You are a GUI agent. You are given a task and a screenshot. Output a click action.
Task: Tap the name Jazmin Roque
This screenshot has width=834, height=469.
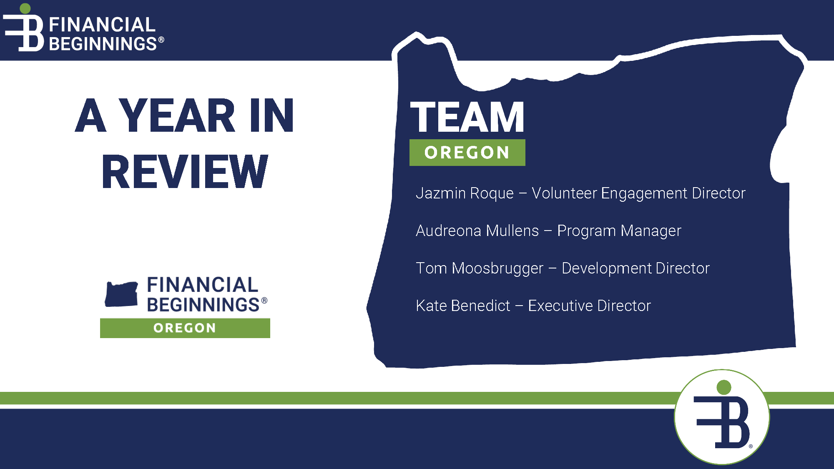click(465, 193)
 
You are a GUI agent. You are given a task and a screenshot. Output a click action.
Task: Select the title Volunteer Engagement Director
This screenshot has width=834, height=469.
click(638, 193)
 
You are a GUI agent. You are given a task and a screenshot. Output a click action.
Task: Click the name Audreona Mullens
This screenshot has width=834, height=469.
click(477, 231)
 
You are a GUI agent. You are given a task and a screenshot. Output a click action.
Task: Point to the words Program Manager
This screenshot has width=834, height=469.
click(619, 231)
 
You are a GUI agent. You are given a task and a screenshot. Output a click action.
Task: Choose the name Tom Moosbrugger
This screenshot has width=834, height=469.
click(480, 268)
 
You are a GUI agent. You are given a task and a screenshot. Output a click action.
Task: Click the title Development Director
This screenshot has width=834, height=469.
click(636, 268)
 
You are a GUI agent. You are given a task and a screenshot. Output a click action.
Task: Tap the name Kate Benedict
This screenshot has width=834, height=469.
click(463, 306)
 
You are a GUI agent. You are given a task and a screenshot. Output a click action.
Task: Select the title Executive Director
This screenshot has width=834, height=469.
click(589, 306)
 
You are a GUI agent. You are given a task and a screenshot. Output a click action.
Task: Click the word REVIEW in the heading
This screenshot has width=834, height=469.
click(185, 171)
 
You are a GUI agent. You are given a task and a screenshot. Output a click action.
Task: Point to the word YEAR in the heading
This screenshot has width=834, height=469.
click(177, 115)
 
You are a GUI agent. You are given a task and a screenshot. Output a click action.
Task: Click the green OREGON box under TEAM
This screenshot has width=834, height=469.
click(467, 153)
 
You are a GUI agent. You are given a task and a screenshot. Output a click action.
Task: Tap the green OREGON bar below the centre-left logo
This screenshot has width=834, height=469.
click(185, 328)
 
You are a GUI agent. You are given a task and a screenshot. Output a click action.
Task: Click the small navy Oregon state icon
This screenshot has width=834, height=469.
click(121, 294)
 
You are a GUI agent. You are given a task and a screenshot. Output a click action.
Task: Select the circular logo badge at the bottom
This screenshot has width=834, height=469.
click(722, 417)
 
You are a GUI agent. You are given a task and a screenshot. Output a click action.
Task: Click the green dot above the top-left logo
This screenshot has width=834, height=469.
click(25, 8)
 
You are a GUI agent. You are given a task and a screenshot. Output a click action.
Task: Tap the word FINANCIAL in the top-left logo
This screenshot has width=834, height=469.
click(102, 25)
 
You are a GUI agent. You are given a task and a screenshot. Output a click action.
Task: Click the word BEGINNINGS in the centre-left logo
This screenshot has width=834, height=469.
click(203, 305)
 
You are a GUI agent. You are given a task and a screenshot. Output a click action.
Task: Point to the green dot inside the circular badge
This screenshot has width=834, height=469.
click(724, 387)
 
